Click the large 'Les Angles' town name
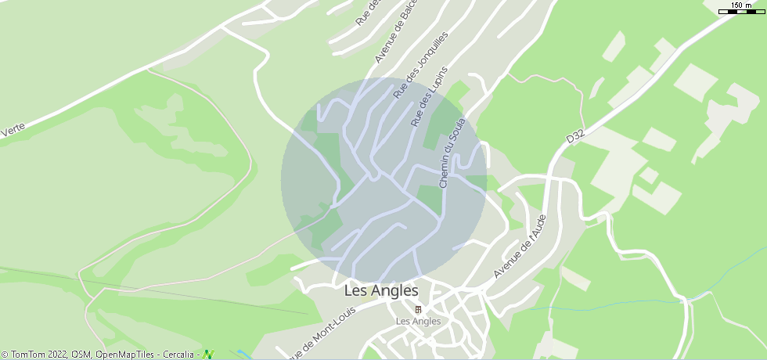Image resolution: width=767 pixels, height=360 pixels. click(x=381, y=290)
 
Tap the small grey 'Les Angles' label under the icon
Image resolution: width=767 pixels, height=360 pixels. click(x=418, y=321)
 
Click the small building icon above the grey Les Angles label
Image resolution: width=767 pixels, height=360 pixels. click(x=418, y=310)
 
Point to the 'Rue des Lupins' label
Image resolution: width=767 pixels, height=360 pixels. click(x=429, y=98)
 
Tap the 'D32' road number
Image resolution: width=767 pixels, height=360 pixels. click(x=575, y=136)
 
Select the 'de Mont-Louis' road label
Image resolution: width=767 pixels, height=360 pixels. click(x=321, y=332)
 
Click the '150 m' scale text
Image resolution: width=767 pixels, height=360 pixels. click(x=741, y=5)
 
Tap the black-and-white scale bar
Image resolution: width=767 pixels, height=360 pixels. click(x=740, y=12)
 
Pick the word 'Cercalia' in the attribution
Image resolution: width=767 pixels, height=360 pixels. click(x=178, y=355)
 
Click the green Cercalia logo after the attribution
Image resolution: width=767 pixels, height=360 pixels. click(x=208, y=355)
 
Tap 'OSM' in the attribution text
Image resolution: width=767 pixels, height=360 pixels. click(x=81, y=355)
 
